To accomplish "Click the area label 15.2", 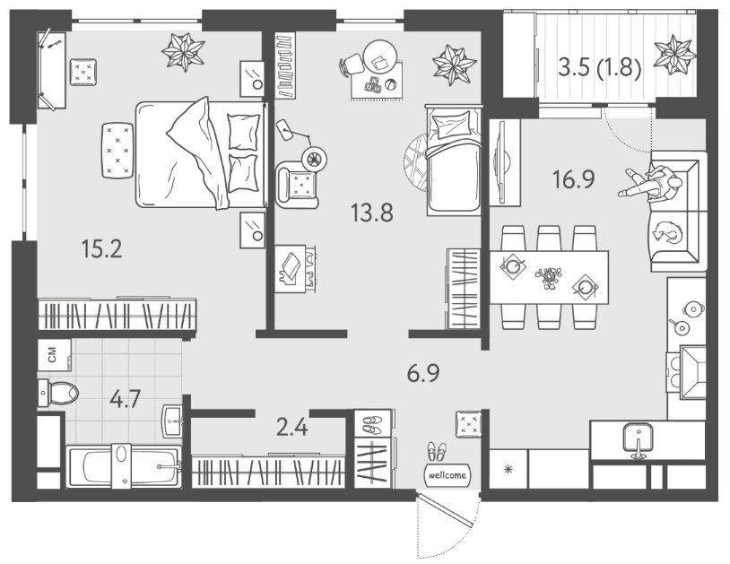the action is coord(101,248).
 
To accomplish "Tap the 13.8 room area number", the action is coord(372,213).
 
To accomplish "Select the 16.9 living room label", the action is coord(574,179).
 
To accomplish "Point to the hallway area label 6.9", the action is coord(423,373).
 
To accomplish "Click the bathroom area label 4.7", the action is coord(126,399).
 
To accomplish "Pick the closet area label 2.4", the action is coord(291,427).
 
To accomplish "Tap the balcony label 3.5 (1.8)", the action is coord(600,68).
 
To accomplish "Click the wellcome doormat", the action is coord(447,475).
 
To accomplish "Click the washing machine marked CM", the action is coord(54,355).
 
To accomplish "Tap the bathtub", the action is coord(124,466).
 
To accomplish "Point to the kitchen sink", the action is coord(637,439).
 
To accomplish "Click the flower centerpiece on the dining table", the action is coord(549,278).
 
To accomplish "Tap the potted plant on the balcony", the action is coord(674,54).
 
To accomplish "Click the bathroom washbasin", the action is coord(173,421).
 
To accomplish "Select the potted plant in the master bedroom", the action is coord(184,52).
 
